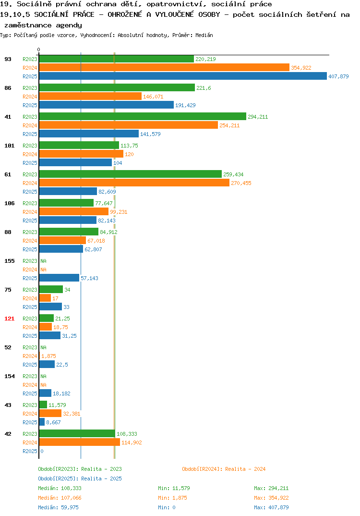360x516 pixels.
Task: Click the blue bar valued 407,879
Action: click(x=183, y=76)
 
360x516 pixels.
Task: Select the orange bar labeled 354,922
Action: click(x=164, y=67)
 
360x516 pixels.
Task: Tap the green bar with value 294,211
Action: click(x=143, y=116)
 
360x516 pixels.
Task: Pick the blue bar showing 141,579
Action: click(x=89, y=134)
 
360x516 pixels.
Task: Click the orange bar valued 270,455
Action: click(x=134, y=183)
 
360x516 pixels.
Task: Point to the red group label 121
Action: click(x=10, y=319)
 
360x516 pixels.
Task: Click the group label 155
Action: click(x=10, y=261)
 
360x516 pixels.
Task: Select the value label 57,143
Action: click(x=89, y=278)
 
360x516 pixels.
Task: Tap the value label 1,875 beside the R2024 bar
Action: click(x=48, y=356)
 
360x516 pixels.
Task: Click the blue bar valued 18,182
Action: click(x=46, y=393)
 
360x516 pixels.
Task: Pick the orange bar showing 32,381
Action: click(x=50, y=413)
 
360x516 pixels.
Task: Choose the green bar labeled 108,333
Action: click(x=77, y=433)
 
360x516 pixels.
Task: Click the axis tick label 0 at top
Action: click(x=39, y=49)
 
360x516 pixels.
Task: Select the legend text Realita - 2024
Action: click(x=245, y=469)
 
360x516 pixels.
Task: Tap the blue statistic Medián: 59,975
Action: click(x=58, y=507)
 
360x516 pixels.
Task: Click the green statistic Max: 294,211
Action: click(x=271, y=488)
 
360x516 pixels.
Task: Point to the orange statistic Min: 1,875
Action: click(x=173, y=498)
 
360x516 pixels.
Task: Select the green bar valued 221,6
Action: click(x=117, y=87)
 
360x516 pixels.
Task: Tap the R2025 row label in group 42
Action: click(x=30, y=451)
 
